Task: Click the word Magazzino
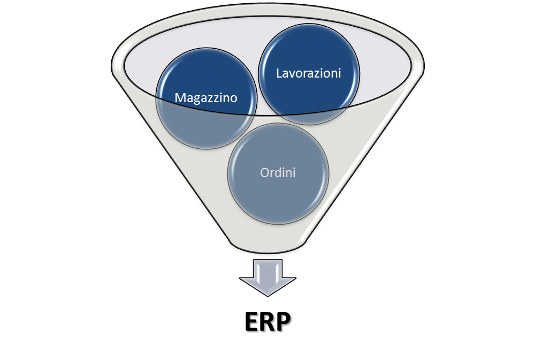point(206,98)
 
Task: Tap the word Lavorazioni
point(309,73)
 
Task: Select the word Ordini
point(278,173)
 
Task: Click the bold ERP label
point(267,321)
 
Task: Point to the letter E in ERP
point(251,321)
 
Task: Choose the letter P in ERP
point(284,321)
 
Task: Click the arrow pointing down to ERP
point(267,278)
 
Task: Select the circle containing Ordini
point(278,174)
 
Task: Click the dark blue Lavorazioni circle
point(309,74)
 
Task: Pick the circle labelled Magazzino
point(206,98)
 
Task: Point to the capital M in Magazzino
point(180,97)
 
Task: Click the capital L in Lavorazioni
point(279,73)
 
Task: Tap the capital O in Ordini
point(265,173)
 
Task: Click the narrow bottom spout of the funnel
point(267,247)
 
